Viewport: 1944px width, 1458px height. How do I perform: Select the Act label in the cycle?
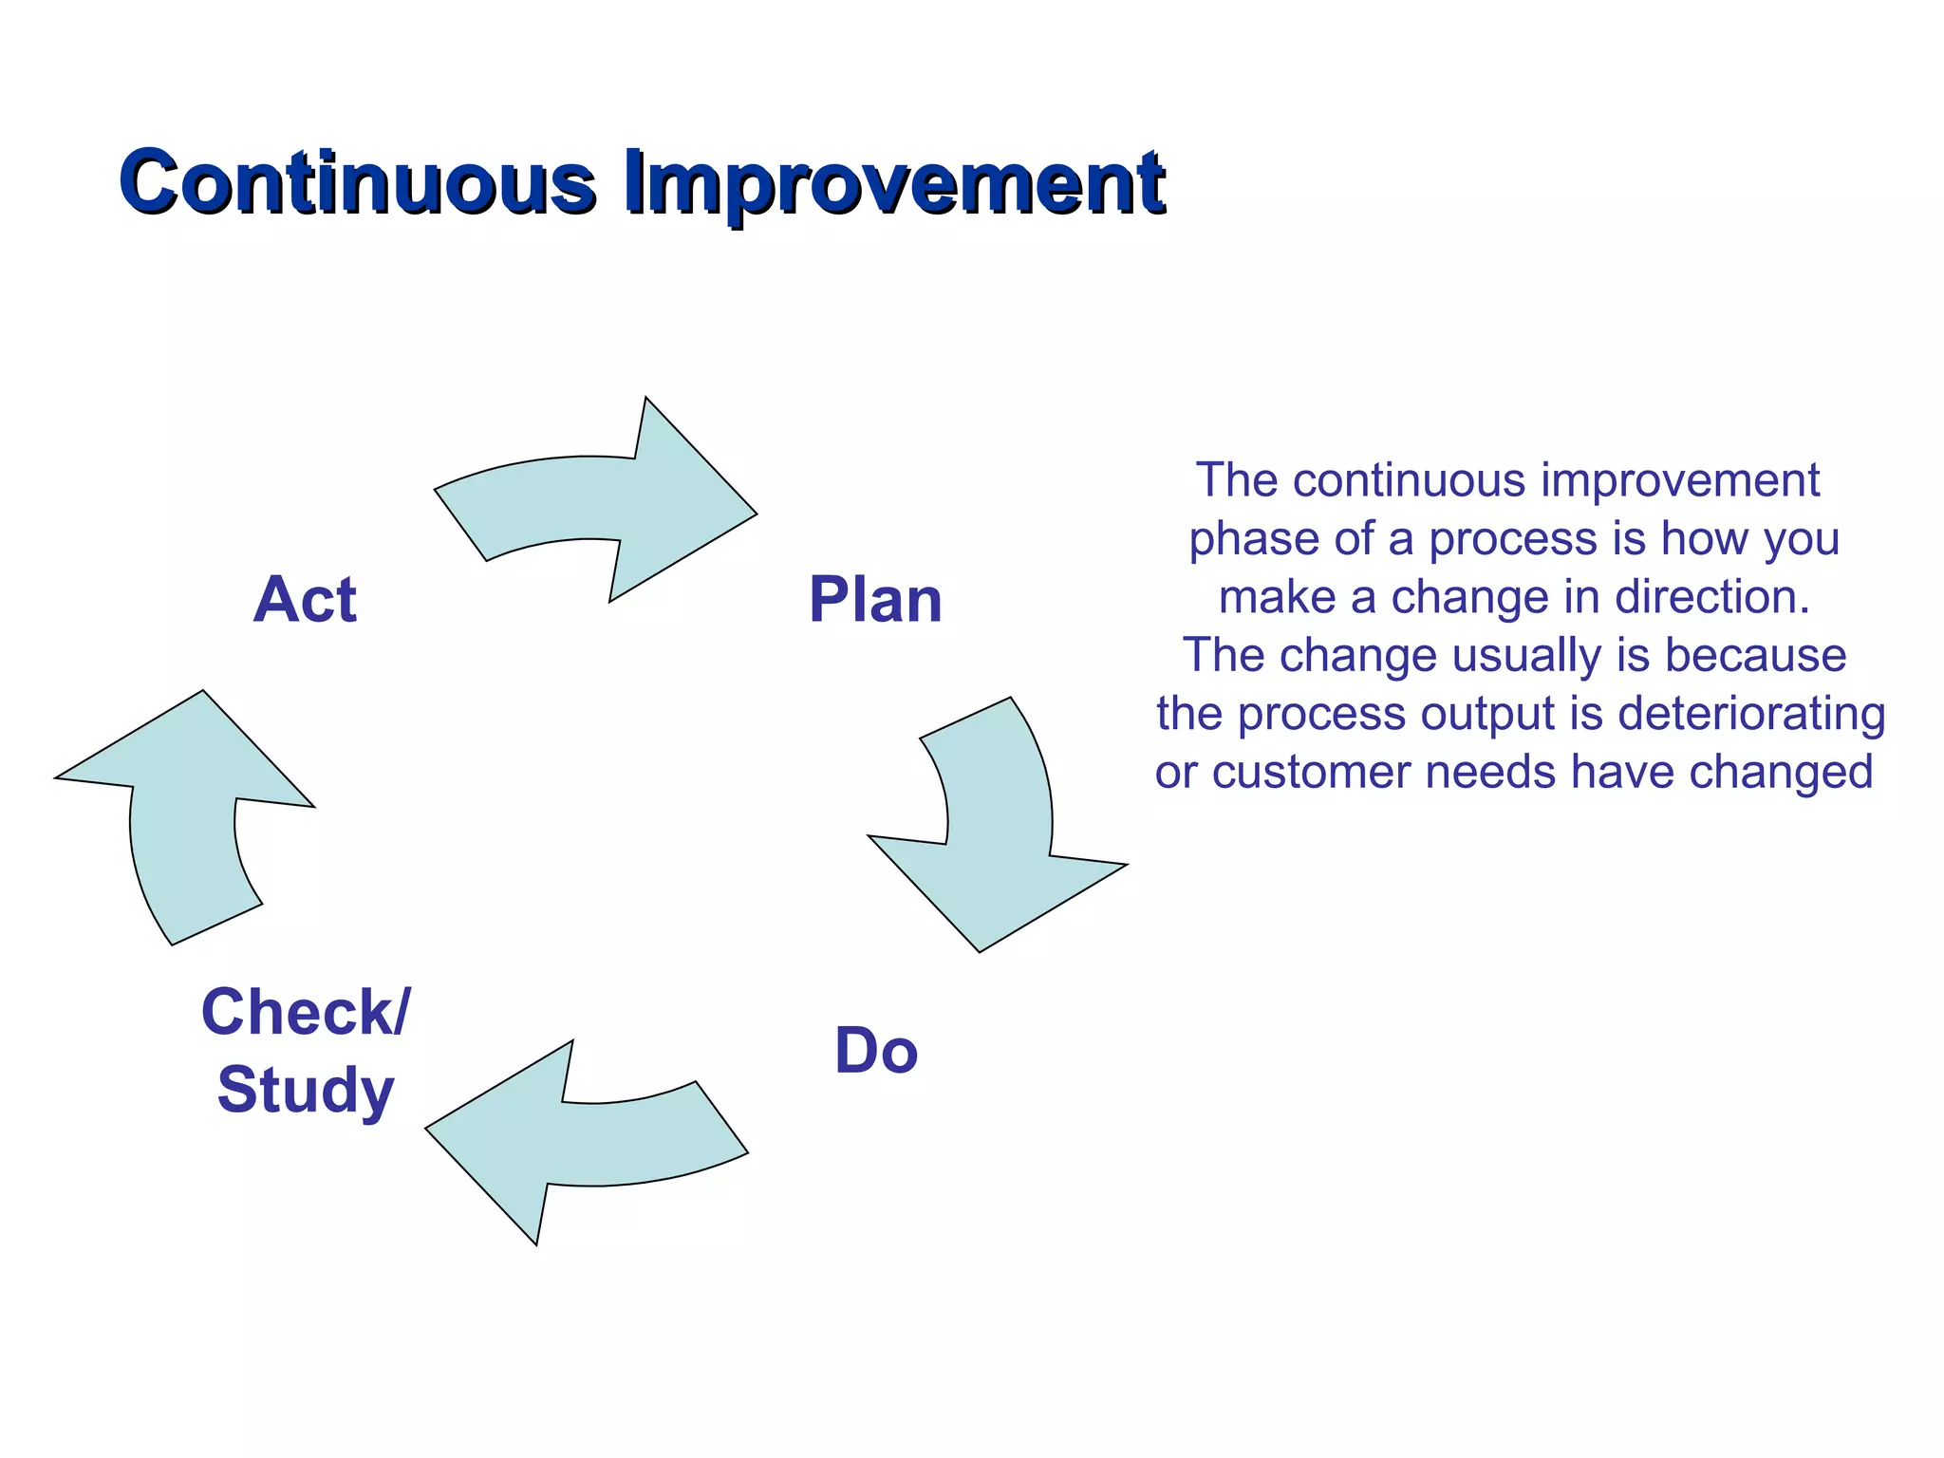coord(305,600)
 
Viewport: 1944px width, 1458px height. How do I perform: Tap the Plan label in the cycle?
coord(874,600)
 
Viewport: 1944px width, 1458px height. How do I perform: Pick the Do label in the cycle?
coord(875,1052)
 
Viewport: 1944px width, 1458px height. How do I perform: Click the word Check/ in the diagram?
coord(306,1012)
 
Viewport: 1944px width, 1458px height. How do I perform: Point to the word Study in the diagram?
coord(306,1090)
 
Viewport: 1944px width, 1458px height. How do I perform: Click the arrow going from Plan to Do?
coord(997,835)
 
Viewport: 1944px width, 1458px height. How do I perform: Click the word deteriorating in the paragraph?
coord(1751,714)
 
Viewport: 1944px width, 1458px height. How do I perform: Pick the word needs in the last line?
coord(1490,772)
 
